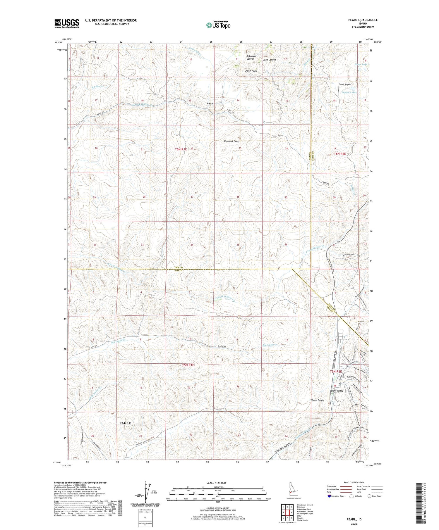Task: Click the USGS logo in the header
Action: [67, 23]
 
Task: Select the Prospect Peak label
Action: [231, 141]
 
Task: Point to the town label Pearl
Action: [210, 103]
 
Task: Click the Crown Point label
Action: [251, 71]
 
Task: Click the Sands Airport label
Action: [345, 84]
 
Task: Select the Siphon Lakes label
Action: [349, 92]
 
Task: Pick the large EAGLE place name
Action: [125, 423]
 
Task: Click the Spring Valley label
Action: [337, 391]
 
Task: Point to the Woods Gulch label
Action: [317, 400]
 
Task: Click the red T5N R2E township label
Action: [336, 372]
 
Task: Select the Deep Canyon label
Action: [269, 60]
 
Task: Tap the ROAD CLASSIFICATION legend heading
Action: [354, 482]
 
